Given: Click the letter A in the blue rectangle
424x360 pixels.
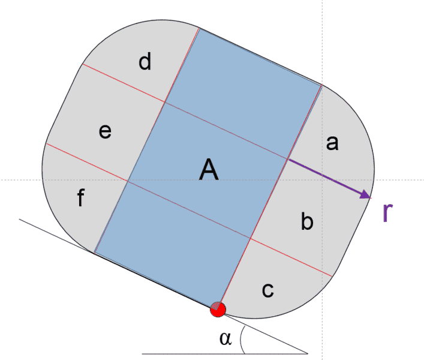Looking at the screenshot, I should click(x=208, y=172).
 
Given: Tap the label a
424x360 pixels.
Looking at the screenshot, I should click(x=332, y=143).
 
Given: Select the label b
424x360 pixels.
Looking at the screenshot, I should click(x=306, y=223).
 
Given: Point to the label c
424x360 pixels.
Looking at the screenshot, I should click(x=268, y=290).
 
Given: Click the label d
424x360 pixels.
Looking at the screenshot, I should click(x=145, y=62).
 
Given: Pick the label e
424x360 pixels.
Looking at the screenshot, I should click(x=105, y=131).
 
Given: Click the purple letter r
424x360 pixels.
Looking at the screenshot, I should click(x=388, y=213).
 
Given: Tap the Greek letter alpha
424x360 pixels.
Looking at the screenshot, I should click(x=225, y=339).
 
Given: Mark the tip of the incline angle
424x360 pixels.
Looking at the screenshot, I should click(x=308, y=353).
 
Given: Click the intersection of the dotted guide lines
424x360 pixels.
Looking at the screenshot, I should click(x=322, y=179).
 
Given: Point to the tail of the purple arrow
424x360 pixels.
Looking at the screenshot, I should click(x=288, y=159).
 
